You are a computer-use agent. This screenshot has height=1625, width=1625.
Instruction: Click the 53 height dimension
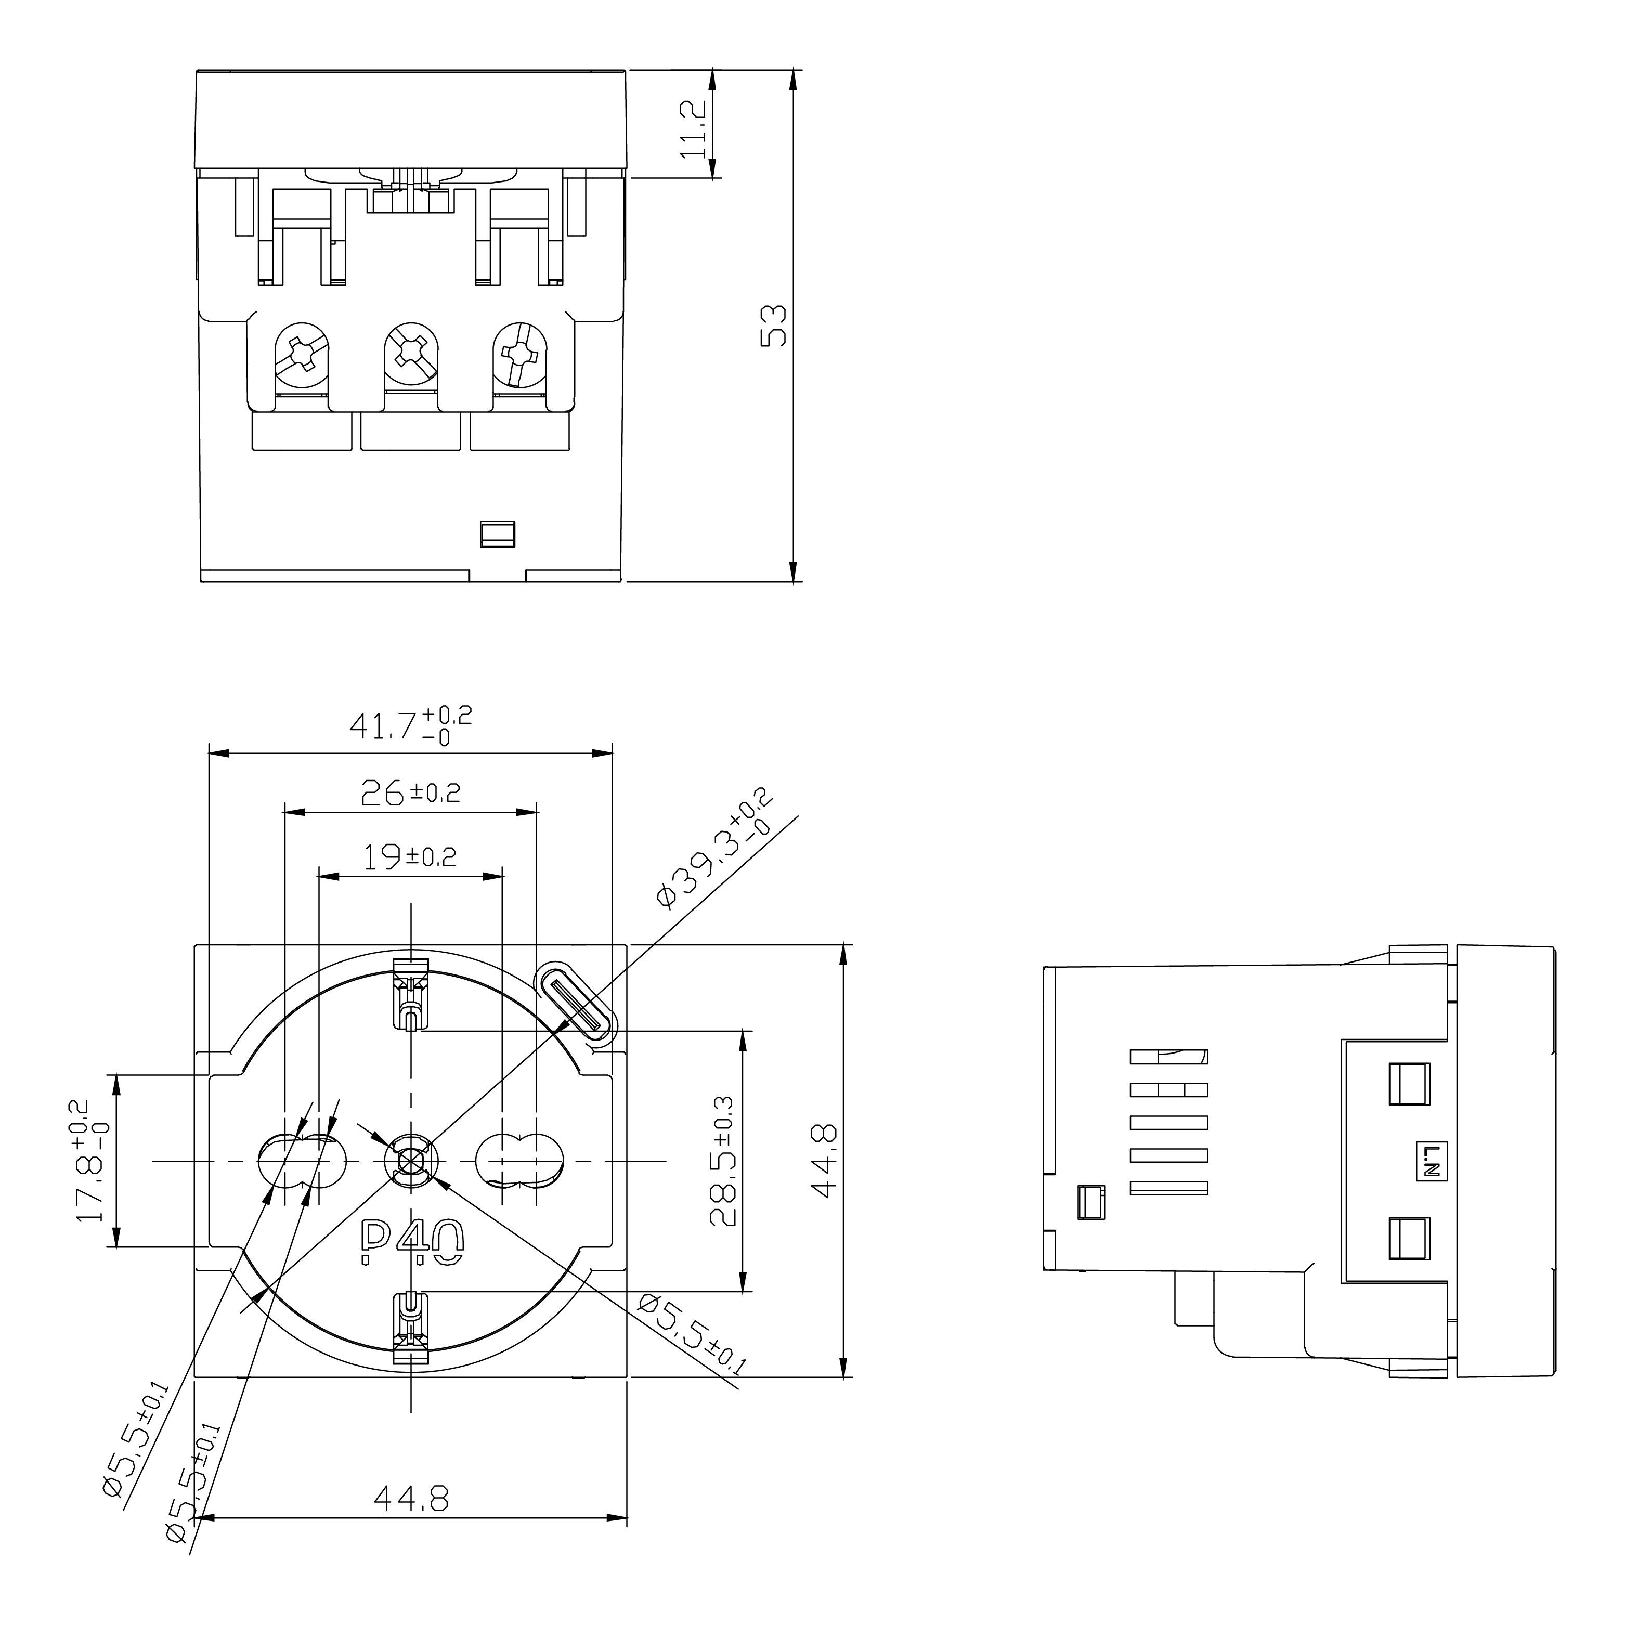click(773, 326)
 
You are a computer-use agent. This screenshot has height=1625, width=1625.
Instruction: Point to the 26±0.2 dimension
click(410, 792)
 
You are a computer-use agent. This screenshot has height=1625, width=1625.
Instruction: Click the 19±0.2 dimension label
click(410, 857)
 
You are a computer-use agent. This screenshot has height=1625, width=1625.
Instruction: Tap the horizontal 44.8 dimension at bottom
click(411, 1498)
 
